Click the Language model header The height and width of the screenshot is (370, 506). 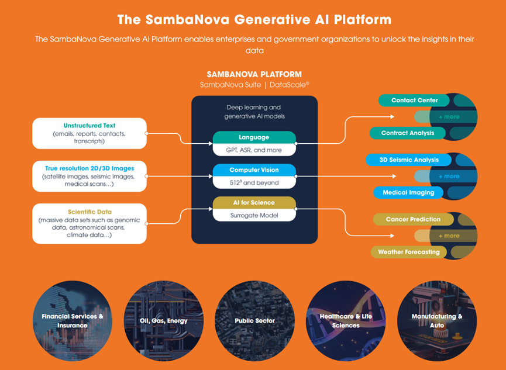pyautogui.click(x=254, y=137)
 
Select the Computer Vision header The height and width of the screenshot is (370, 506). pyautogui.click(x=254, y=170)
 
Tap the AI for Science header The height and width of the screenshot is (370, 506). pyautogui.click(x=254, y=203)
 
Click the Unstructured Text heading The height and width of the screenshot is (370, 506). pyautogui.click(x=90, y=126)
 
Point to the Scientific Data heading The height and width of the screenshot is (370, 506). pyautogui.click(x=90, y=212)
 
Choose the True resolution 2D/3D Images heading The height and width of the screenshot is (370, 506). pyautogui.click(x=90, y=168)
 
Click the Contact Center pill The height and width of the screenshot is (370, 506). pyautogui.click(x=414, y=101)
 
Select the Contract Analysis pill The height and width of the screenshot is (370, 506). pyautogui.click(x=408, y=133)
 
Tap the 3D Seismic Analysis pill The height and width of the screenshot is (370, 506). pyautogui.click(x=408, y=160)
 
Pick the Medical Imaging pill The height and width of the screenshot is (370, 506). pyautogui.click(x=408, y=192)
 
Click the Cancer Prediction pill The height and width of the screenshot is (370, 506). pyautogui.click(x=413, y=219)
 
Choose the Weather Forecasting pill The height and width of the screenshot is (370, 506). pyautogui.click(x=408, y=252)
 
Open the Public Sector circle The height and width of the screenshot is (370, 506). pyautogui.click(x=254, y=321)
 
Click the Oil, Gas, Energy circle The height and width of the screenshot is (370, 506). pyautogui.click(x=164, y=321)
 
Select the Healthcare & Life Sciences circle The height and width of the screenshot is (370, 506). pyautogui.click(x=346, y=321)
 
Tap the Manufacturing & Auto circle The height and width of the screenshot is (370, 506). pyautogui.click(x=437, y=321)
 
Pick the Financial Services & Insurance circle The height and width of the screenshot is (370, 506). pyautogui.click(x=73, y=321)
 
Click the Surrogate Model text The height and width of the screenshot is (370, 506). pyautogui.click(x=254, y=216)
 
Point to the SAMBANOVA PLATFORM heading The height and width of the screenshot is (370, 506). pyautogui.click(x=254, y=74)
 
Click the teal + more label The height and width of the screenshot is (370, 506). pyautogui.click(x=449, y=117)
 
